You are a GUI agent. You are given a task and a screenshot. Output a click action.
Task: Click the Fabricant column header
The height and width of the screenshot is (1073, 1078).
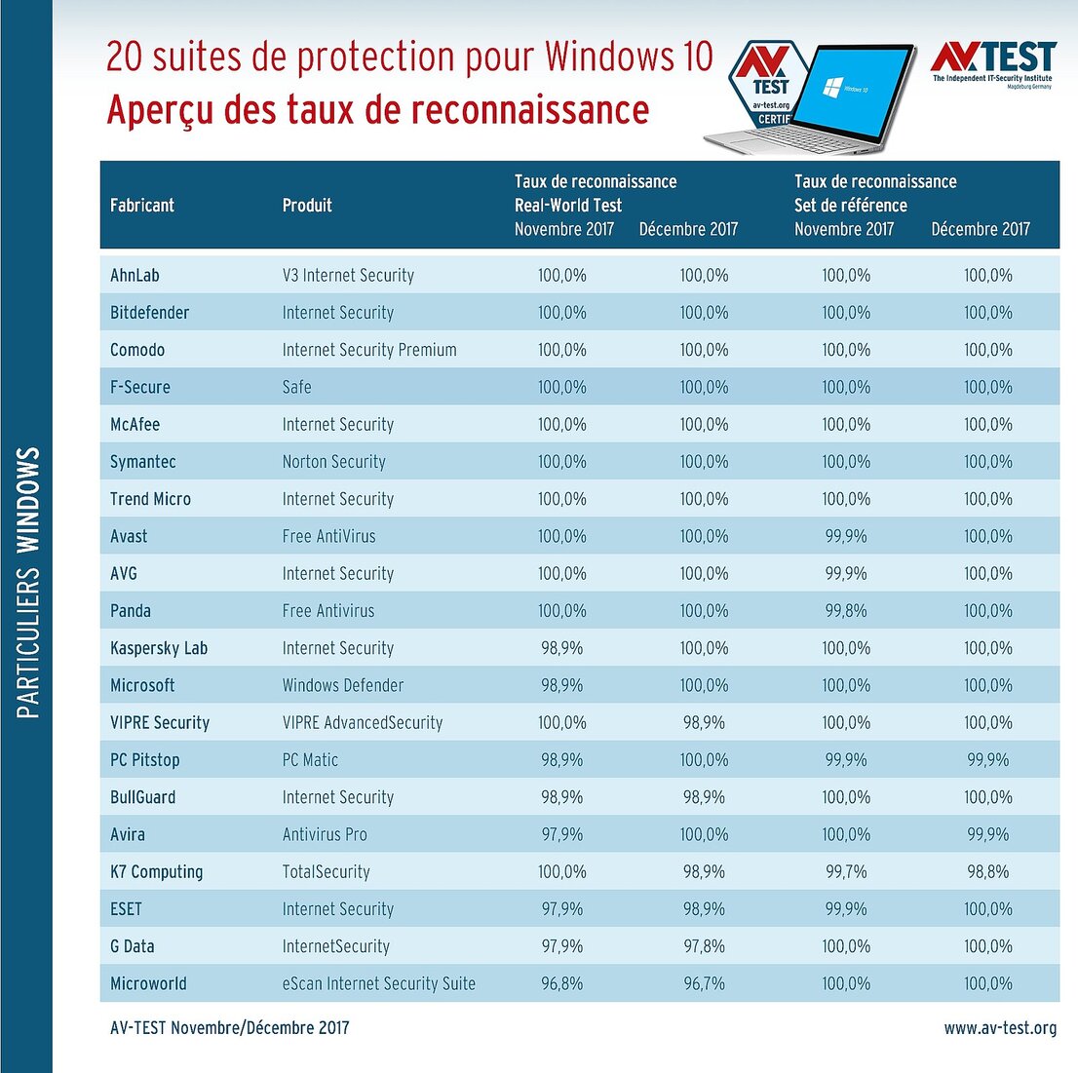142,206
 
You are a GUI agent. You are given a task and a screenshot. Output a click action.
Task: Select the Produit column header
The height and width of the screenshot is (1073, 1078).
307,206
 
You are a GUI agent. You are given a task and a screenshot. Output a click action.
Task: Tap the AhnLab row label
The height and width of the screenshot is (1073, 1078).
135,276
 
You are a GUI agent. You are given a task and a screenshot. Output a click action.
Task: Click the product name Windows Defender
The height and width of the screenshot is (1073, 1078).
342,686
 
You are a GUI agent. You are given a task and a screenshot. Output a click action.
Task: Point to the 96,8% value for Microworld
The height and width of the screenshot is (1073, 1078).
562,984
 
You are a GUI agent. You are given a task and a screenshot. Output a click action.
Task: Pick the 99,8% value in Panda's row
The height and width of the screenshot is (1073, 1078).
846,611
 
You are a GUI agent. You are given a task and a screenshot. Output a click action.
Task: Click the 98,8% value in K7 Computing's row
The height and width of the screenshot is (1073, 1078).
987,872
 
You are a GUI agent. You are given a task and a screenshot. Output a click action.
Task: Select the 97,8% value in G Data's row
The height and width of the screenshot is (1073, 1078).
704,947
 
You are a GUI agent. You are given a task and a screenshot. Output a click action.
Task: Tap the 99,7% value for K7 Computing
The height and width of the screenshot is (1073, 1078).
846,872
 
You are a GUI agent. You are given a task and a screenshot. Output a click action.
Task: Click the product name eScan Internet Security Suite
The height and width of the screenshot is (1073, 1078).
378,984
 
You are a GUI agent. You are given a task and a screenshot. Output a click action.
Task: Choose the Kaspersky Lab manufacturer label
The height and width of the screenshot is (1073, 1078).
159,649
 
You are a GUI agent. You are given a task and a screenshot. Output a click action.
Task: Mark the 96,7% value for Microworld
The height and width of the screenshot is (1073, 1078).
704,984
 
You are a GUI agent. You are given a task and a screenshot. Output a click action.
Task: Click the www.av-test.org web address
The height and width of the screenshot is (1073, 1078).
1000,1028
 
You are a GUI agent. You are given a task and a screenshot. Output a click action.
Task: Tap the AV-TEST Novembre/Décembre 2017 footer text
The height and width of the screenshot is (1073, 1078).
229,1028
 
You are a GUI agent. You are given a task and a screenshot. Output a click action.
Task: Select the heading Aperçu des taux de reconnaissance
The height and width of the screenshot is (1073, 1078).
377,109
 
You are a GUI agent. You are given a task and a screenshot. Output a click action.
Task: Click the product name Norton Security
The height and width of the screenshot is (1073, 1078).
333,462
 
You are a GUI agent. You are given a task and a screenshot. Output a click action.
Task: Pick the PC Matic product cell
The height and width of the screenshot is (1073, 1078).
310,760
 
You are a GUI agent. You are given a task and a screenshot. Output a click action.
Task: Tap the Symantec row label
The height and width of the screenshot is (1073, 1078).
143,462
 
